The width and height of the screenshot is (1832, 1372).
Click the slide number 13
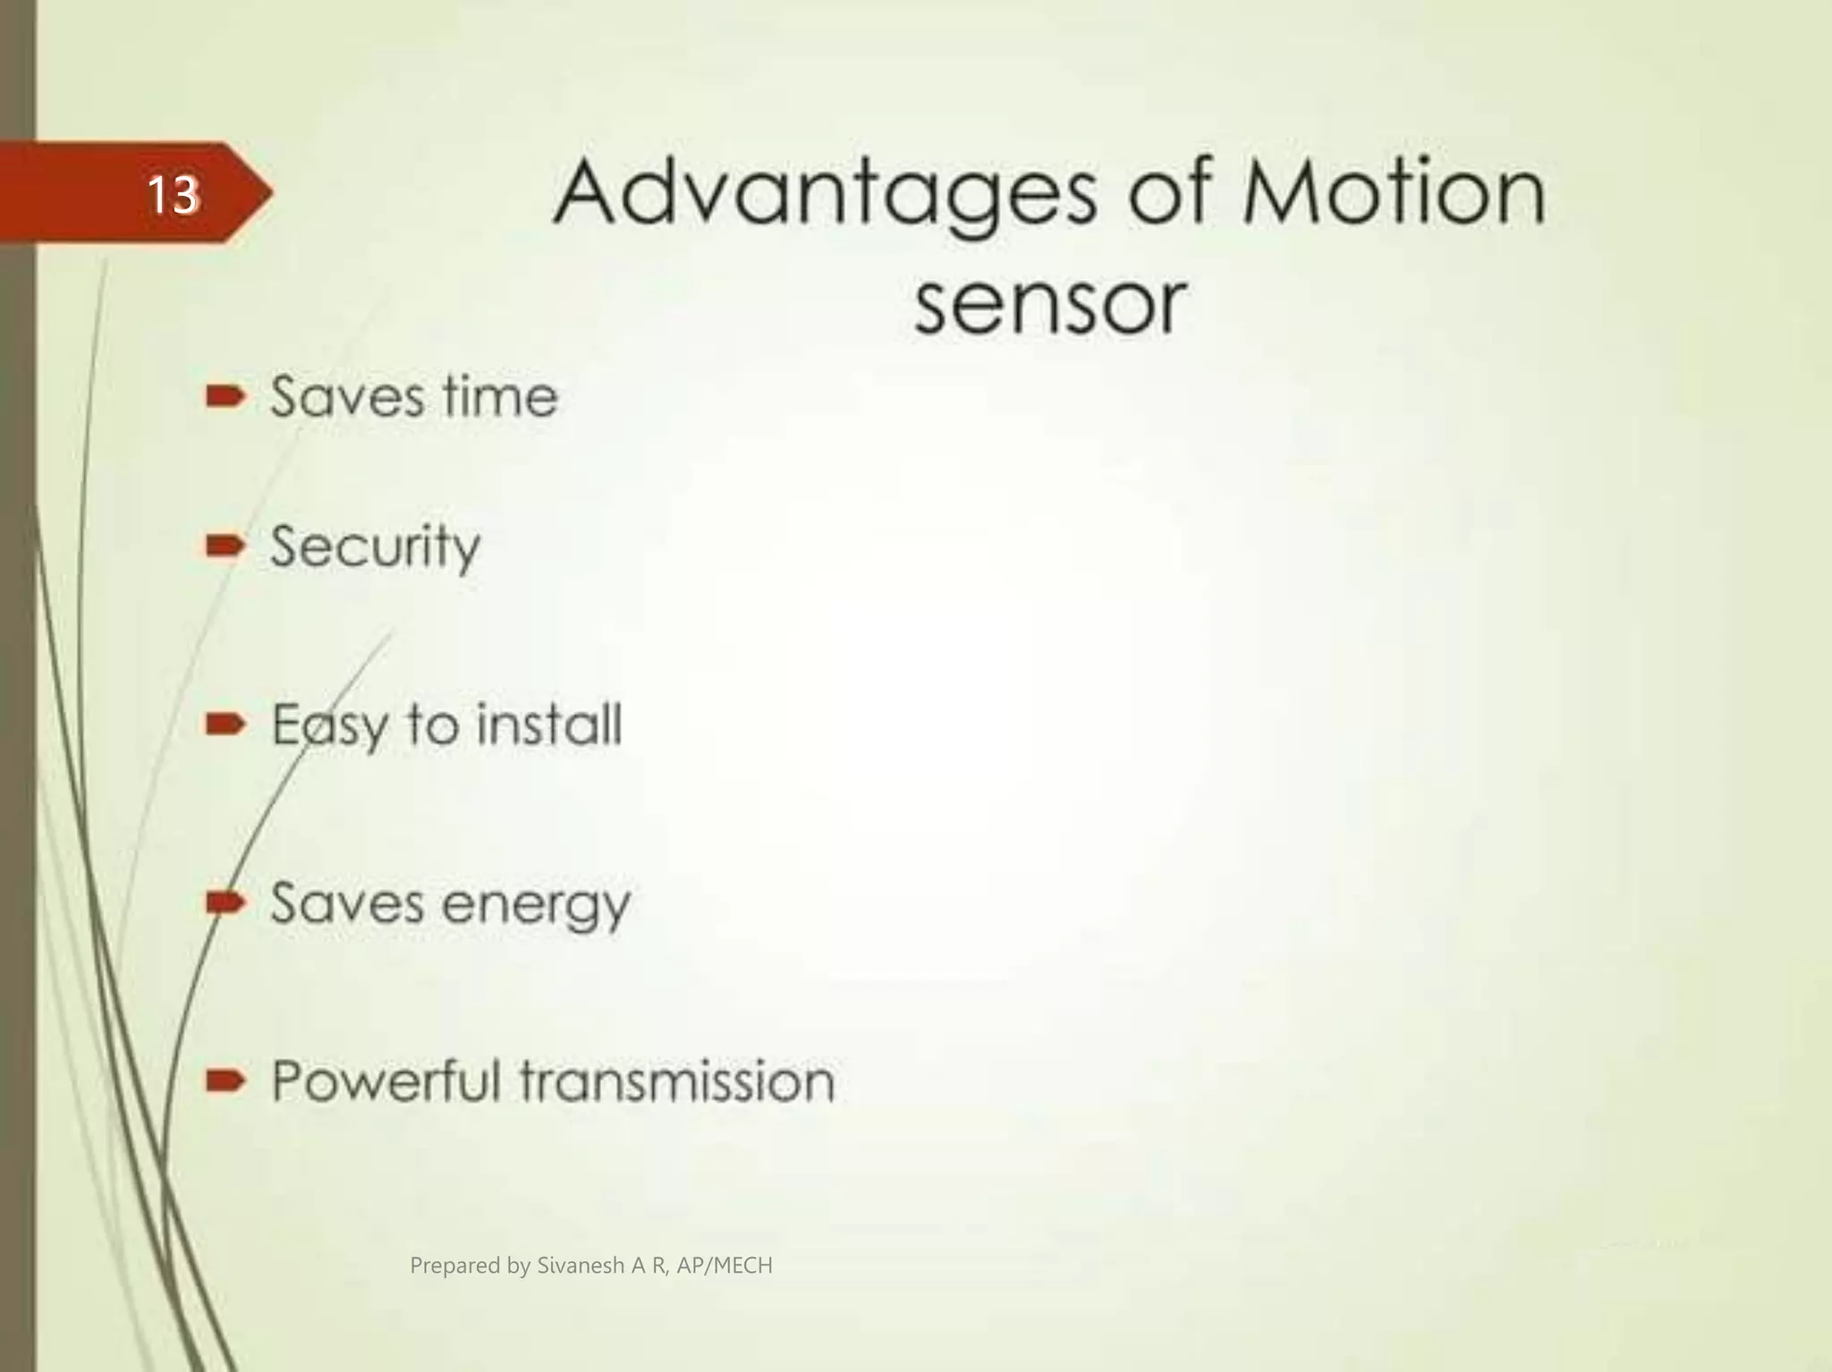pos(172,194)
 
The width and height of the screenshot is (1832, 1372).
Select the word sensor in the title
pos(1050,304)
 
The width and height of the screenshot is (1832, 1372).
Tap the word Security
pos(375,547)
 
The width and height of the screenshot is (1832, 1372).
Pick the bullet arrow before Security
pos(225,545)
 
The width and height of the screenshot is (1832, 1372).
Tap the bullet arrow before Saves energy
pos(225,902)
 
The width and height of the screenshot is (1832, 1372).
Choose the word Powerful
pos(386,1080)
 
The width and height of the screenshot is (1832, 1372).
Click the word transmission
pos(677,1080)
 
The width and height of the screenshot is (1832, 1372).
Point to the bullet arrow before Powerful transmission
pos(225,1082)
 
